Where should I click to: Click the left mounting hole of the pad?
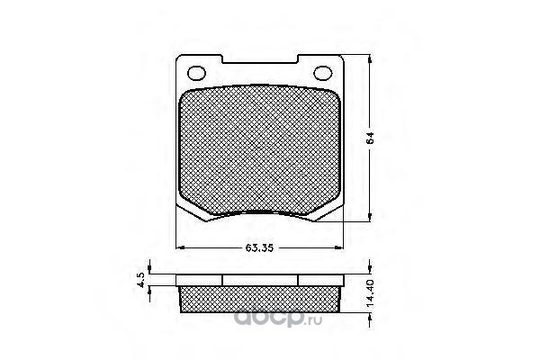click(196, 74)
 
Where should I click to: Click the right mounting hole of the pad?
click(323, 73)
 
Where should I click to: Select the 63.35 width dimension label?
click(259, 247)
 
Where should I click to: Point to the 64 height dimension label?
click(370, 138)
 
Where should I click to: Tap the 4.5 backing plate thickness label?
click(141, 280)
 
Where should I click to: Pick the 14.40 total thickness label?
click(370, 293)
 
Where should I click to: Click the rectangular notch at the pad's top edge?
click(260, 58)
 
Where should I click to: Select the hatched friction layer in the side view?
click(261, 299)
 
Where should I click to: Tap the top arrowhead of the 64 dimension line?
click(370, 59)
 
